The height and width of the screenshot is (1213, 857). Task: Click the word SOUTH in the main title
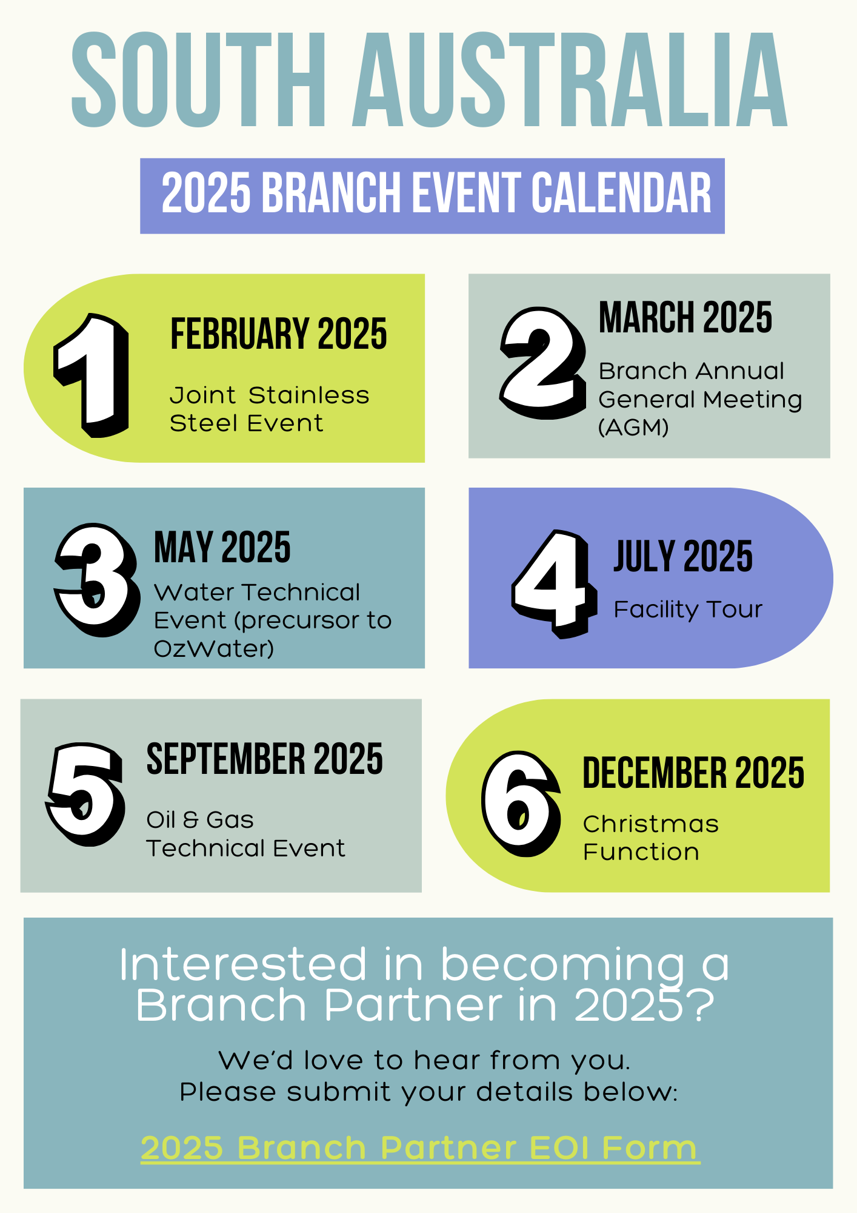pos(199,80)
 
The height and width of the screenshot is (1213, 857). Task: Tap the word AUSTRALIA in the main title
pos(570,80)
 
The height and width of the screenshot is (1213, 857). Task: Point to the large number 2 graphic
pos(541,362)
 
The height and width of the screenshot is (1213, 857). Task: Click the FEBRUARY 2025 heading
pos(278,334)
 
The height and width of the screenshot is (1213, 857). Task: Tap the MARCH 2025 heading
pos(685,318)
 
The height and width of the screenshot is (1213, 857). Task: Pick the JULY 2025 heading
pos(683,556)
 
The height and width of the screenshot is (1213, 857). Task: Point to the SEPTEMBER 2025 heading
pos(264,759)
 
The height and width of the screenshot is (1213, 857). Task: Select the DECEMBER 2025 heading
pos(693,773)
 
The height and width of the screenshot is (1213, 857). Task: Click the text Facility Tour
pos(687,610)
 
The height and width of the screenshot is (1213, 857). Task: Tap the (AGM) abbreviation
pos(633,428)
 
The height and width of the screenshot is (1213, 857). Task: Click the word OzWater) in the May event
pos(213,649)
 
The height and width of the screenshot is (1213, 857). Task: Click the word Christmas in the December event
pos(650,824)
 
